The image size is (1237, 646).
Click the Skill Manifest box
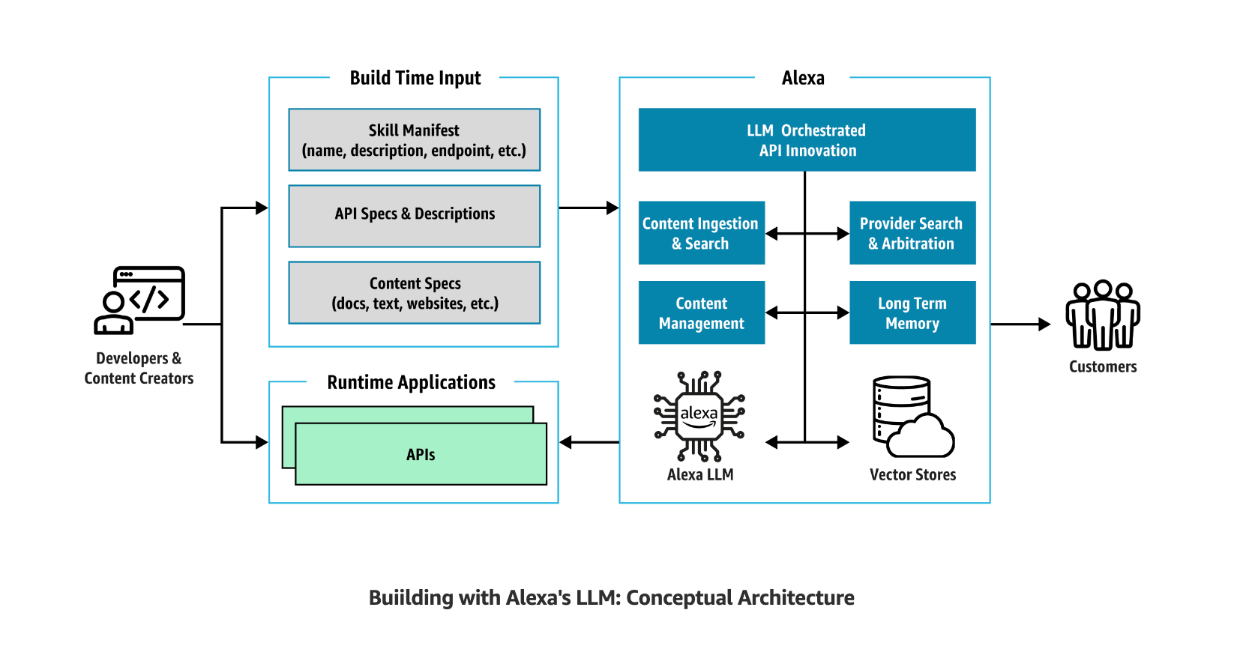tap(414, 139)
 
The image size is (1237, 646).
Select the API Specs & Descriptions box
tap(414, 216)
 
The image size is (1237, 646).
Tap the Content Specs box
tap(414, 292)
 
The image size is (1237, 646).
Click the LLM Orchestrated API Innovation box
tap(807, 139)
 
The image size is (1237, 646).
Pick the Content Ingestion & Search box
tap(701, 233)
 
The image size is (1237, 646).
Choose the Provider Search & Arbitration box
tap(912, 233)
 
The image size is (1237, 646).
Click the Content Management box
tap(701, 313)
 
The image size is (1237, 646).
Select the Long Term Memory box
tap(912, 313)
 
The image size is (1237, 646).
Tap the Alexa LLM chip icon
tap(699, 417)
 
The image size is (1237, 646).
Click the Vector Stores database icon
tap(913, 417)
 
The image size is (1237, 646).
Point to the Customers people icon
tap(1103, 316)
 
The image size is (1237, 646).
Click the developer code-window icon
tap(139, 301)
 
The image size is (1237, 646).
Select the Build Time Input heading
tap(415, 78)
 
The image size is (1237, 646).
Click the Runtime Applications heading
tap(411, 382)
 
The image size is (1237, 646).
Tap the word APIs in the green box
tap(421, 454)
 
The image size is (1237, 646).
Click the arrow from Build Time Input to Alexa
tap(589, 208)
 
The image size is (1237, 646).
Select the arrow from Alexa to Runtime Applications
tap(589, 442)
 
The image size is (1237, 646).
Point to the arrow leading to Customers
tap(1020, 324)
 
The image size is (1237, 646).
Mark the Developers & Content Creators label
tap(139, 368)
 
